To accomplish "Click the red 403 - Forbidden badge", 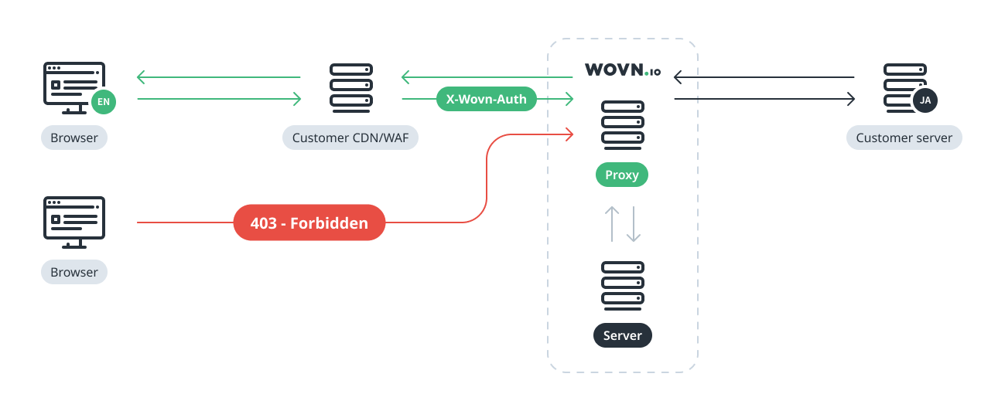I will click(x=309, y=222).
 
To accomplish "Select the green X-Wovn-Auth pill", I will click(x=486, y=99).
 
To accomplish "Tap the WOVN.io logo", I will click(x=622, y=70).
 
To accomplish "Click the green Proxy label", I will click(x=622, y=175).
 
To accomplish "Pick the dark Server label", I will click(x=622, y=335).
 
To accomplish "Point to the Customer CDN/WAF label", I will click(x=350, y=138).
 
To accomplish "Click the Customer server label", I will click(x=904, y=138).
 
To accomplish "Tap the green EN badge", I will click(x=103, y=101).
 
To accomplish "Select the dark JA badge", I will click(x=925, y=100).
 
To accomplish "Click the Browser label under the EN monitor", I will click(x=74, y=138).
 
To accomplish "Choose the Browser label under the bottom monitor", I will click(x=74, y=272).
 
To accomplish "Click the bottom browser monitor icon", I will click(x=74, y=222).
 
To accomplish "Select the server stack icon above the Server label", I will click(x=622, y=286).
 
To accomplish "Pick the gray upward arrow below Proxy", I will click(x=611, y=222).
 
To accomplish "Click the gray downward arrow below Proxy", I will click(x=634, y=224).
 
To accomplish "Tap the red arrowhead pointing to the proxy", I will click(x=569, y=135).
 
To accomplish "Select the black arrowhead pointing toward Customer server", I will click(x=850, y=99).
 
